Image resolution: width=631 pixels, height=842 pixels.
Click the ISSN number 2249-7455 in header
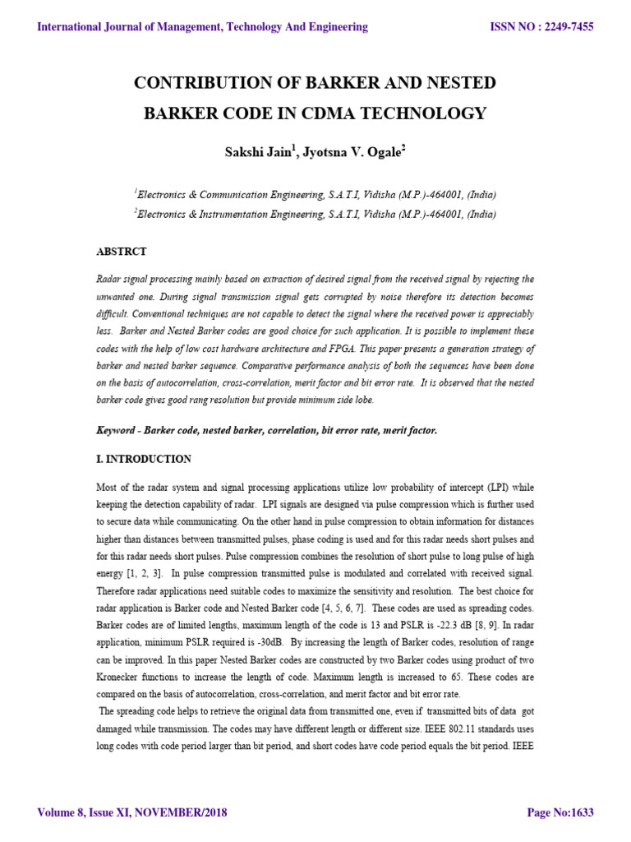564,27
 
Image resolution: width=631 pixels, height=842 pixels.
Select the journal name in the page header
202,27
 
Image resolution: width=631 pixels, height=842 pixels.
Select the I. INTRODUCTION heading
144,459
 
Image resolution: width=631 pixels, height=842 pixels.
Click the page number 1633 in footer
578,813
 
